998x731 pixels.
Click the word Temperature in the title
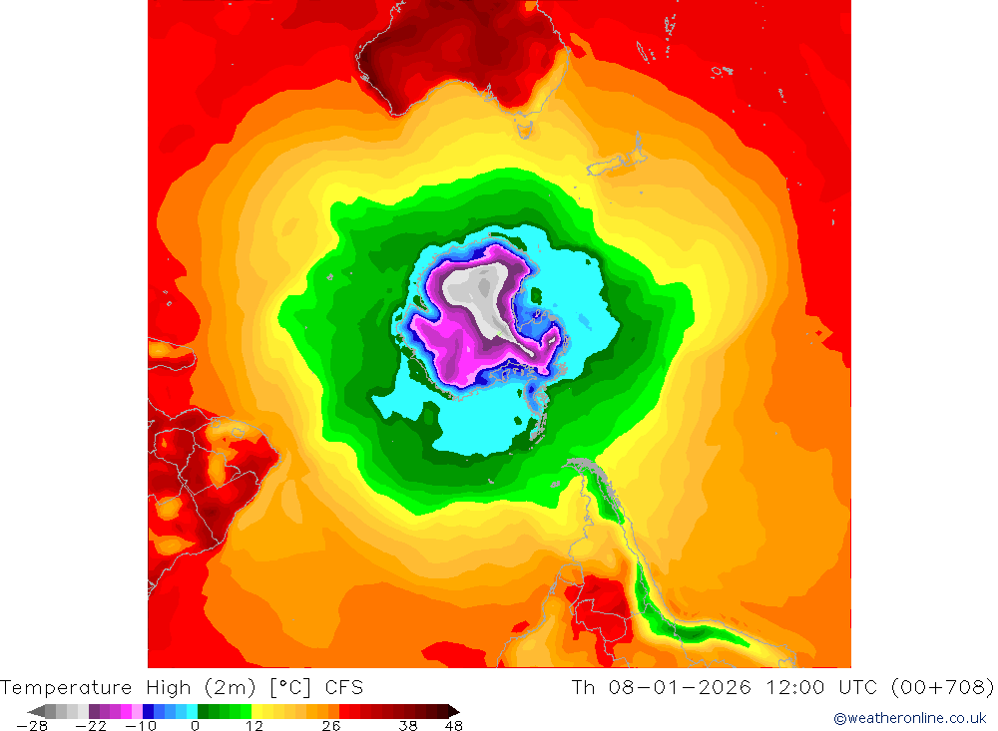[66, 687]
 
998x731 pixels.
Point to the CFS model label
[343, 687]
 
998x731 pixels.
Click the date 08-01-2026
[679, 687]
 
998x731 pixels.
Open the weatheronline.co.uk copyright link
[909, 718]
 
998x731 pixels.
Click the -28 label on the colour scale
[33, 725]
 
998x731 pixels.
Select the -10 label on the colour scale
[142, 725]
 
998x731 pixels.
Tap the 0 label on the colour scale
[195, 725]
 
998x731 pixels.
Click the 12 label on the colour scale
[254, 725]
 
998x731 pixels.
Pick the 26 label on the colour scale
[330, 725]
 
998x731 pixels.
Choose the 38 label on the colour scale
[407, 725]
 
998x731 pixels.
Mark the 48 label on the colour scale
[453, 725]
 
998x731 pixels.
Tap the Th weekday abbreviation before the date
[583, 687]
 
